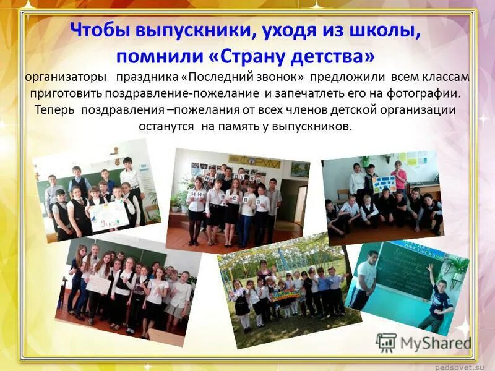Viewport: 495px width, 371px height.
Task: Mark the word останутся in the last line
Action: pyautogui.click(x=167, y=126)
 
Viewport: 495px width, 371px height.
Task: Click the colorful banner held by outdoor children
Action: pyautogui.click(x=291, y=295)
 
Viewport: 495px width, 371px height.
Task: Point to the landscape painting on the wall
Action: pyautogui.click(x=300, y=169)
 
